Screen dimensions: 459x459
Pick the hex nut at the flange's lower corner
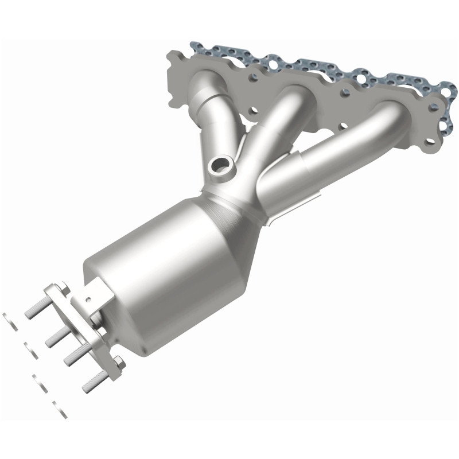pos(119,361)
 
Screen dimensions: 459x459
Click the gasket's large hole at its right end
pos(447,90)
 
